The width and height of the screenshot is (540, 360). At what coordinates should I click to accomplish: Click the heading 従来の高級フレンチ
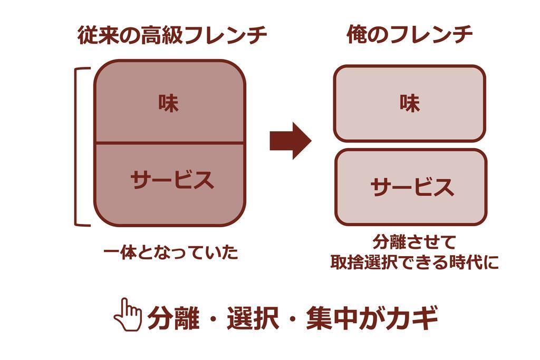click(172, 36)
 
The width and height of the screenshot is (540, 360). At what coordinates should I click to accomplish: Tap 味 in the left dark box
click(169, 103)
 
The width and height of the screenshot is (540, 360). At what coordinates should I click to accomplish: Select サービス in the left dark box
click(172, 180)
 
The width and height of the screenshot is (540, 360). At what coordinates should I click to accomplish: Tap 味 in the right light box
click(410, 103)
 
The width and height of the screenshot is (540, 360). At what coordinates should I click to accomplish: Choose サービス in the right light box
click(412, 187)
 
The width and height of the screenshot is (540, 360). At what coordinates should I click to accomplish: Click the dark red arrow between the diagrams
click(290, 141)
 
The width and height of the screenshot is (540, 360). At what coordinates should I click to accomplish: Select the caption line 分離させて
click(414, 243)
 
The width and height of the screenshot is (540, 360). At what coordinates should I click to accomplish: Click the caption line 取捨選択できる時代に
click(414, 262)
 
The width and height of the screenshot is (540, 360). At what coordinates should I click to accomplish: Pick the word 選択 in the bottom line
click(253, 318)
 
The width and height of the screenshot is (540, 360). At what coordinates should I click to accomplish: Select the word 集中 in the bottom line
click(332, 318)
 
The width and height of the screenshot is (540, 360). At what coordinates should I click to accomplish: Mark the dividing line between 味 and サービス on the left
click(169, 142)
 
